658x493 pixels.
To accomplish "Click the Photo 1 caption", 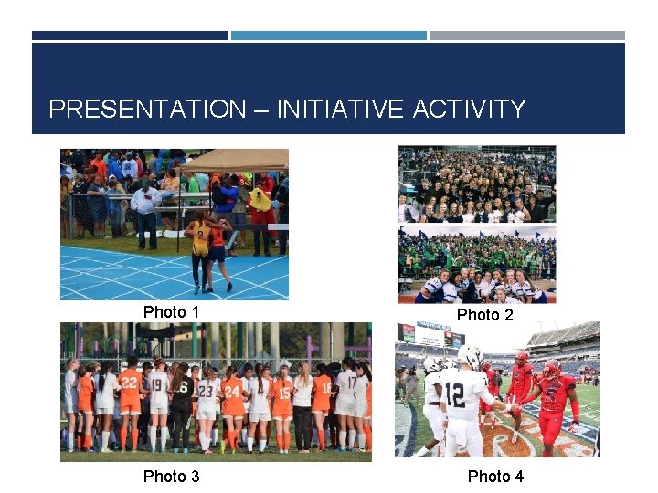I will [x=171, y=312].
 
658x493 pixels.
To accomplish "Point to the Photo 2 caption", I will [x=484, y=315].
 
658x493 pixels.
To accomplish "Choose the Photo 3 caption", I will [x=171, y=477].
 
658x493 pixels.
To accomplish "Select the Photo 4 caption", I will [x=495, y=477].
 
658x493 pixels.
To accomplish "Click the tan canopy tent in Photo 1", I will [x=233, y=161].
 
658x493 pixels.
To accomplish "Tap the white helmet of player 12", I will [x=470, y=355].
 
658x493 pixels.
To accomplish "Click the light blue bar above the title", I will [x=328, y=36].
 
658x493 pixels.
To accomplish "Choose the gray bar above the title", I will [x=527, y=36].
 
